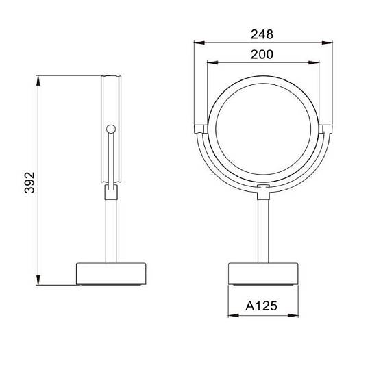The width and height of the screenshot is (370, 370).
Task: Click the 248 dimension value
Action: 262,34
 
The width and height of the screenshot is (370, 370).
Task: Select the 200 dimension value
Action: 262,55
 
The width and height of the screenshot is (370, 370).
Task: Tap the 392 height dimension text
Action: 29,183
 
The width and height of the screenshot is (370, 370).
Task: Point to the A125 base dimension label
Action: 262,306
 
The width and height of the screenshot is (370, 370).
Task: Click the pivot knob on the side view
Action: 111,129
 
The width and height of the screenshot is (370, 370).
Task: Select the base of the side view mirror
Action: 111,274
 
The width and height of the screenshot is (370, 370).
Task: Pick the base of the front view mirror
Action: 263,273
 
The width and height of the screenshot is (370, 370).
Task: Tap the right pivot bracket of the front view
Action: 326,129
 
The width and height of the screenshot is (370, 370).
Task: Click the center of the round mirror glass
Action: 263,129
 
